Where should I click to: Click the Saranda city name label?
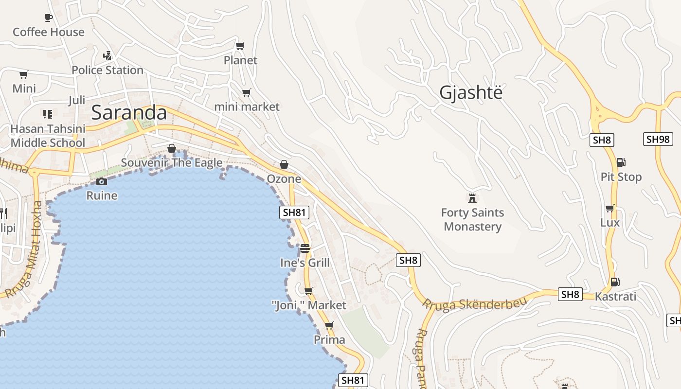[x=129, y=113]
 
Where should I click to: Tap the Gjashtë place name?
[x=470, y=92]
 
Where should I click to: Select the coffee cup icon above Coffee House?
[x=48, y=18]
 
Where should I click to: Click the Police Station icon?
[x=108, y=55]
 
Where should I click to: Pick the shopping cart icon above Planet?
[x=240, y=46]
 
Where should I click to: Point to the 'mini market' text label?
[x=247, y=106]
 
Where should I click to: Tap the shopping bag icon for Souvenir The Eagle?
[x=171, y=148]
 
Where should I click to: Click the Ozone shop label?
[x=284, y=179]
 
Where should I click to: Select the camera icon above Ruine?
[x=102, y=182]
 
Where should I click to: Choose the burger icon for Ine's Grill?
[x=305, y=248]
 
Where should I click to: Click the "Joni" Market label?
[x=309, y=305]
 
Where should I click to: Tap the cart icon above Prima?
[x=329, y=325]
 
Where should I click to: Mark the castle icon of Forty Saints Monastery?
[x=472, y=198]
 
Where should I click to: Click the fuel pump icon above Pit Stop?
[x=621, y=162]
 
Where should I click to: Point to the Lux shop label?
[x=610, y=223]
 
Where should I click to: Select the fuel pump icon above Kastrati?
[x=615, y=282]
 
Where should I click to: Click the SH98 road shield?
[x=658, y=140]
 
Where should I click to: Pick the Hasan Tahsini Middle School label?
[x=48, y=136]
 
